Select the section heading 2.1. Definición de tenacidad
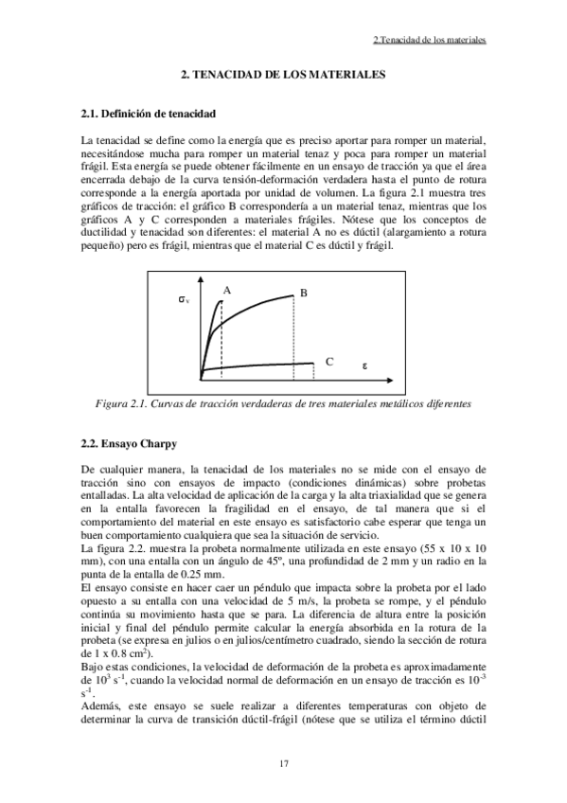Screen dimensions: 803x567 point(150,114)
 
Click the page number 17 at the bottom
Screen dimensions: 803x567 point(284,763)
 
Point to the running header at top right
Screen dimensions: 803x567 point(429,41)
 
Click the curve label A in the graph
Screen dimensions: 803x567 point(228,290)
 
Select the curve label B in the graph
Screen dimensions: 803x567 point(304,294)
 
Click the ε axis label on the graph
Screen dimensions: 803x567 point(364,365)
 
